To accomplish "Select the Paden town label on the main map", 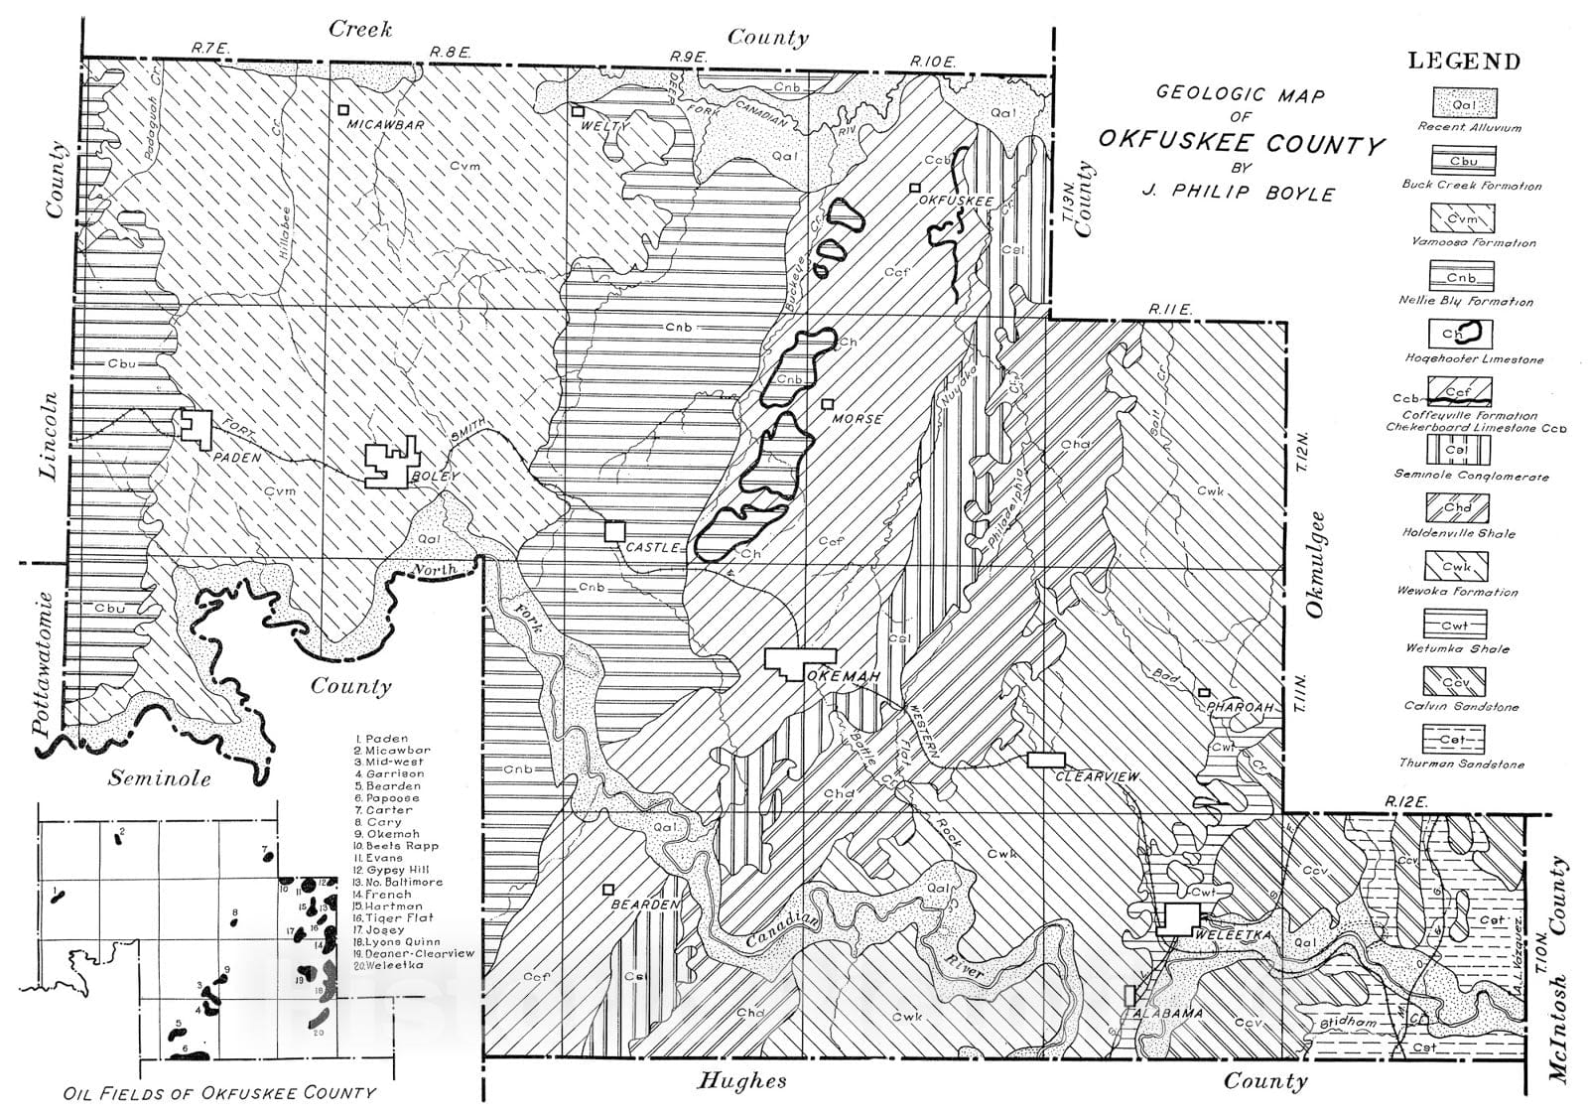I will click(x=236, y=458).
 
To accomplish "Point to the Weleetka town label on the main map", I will click(x=1230, y=935).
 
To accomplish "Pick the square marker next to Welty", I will click(x=577, y=111).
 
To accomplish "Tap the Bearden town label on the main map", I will click(x=645, y=905).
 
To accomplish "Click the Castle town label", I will click(x=653, y=547).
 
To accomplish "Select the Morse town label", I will click(x=858, y=419).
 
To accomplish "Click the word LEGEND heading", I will click(x=1464, y=62).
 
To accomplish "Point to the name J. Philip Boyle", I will click(x=1239, y=194).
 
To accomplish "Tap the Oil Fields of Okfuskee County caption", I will click(x=219, y=1093).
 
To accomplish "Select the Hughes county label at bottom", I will click(x=742, y=1080).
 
